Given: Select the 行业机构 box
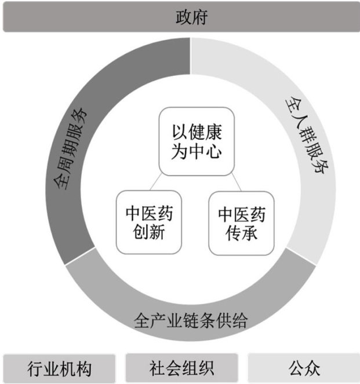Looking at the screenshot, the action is (x=60, y=368).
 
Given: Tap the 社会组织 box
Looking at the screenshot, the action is (x=181, y=368).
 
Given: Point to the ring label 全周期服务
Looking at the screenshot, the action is (x=70, y=148).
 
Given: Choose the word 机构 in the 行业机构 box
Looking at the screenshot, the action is (x=76, y=368).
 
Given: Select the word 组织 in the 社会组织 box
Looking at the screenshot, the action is (x=198, y=368).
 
